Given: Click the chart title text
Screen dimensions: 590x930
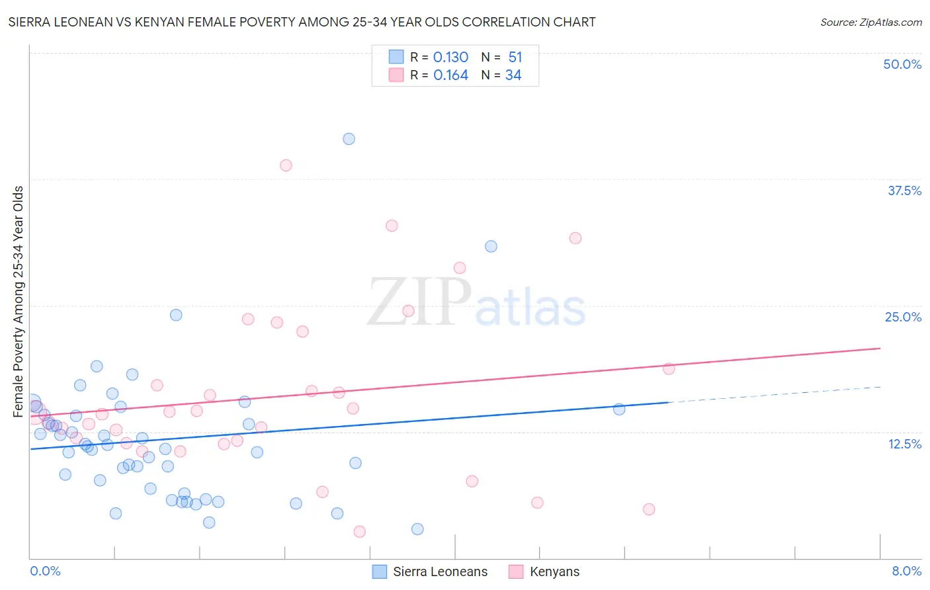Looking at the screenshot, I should click(302, 22).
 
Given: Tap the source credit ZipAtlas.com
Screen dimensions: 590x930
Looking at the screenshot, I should click(870, 22).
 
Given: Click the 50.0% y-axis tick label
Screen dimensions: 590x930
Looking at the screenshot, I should click(902, 64).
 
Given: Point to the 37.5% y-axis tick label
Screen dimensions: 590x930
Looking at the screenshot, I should click(904, 190).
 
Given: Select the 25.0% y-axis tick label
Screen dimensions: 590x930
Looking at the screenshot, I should click(903, 317).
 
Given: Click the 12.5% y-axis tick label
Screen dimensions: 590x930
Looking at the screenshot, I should click(904, 444).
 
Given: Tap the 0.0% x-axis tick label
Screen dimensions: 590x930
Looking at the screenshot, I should click(45, 571).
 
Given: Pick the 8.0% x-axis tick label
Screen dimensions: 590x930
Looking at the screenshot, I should click(906, 571).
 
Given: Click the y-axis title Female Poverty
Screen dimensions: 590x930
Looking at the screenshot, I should click(19, 301).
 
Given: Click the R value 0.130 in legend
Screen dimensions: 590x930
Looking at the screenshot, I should click(450, 58).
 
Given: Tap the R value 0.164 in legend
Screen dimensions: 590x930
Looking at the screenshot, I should click(450, 75).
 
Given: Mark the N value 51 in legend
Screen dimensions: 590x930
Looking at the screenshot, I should click(515, 58).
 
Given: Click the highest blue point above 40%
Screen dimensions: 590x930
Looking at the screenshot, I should click(349, 139).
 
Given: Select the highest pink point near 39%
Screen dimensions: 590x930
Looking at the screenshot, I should click(286, 165).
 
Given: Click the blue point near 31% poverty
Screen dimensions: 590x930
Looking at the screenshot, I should click(491, 246).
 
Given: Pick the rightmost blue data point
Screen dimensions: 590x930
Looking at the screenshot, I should click(619, 409).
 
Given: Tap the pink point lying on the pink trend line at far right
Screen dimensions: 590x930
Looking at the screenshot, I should click(669, 368).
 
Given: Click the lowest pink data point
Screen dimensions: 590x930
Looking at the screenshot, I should click(359, 531).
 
